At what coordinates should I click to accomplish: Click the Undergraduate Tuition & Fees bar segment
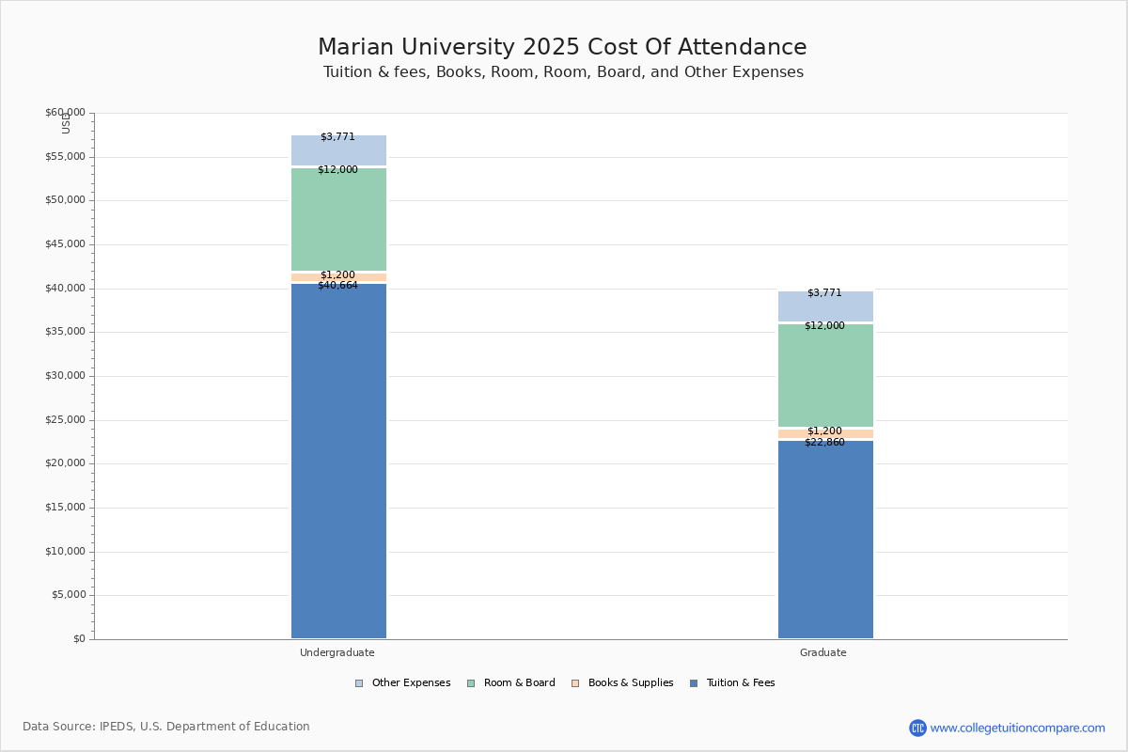click(338, 461)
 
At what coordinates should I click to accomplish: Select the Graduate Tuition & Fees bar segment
click(825, 540)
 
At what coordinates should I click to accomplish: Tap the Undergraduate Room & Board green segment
click(338, 220)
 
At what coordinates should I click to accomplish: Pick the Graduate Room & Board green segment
click(825, 376)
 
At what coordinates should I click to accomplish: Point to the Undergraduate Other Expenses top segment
click(338, 150)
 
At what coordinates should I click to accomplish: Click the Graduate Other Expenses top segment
click(825, 306)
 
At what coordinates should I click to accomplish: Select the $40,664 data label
click(337, 286)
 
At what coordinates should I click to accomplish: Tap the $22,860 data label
click(824, 443)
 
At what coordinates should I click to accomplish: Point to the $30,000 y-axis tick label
click(65, 376)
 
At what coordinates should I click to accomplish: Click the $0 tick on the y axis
click(78, 639)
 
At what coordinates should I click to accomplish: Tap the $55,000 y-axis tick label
click(65, 157)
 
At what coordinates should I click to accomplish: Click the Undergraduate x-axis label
click(337, 652)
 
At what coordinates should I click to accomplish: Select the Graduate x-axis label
click(823, 652)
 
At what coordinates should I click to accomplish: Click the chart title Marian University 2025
click(562, 48)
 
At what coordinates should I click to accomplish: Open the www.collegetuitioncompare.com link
click(1017, 728)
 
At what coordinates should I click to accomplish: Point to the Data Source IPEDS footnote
click(166, 727)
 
